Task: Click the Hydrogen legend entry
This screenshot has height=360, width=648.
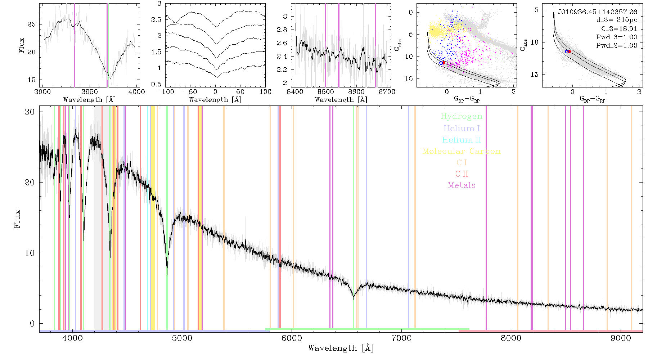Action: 461,117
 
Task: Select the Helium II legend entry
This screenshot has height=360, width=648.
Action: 462,140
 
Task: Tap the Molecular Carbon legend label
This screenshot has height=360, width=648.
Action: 462,151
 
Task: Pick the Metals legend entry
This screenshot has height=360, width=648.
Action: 462,185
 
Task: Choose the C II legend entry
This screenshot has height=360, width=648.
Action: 462,174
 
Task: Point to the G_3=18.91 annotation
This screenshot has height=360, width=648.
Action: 619,29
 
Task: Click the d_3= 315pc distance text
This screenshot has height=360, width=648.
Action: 617,20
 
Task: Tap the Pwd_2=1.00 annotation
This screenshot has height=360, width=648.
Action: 617,46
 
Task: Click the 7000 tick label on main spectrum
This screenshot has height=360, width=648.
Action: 401,338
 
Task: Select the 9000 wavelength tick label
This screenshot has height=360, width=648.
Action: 620,338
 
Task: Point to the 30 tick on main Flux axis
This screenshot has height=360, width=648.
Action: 30,112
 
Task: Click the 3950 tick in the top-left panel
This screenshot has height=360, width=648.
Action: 90,92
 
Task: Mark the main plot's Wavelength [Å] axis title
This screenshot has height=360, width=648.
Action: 341,348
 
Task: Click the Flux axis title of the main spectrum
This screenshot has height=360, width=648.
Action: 17,219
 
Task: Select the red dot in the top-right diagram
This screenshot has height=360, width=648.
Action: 569,51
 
